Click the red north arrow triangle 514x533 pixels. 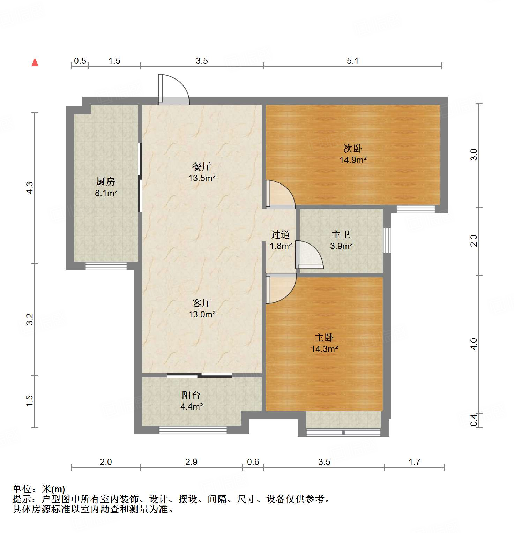pyautogui.click(x=35, y=62)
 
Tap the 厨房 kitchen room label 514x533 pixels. pyautogui.click(x=106, y=182)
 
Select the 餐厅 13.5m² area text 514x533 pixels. pyautogui.click(x=202, y=178)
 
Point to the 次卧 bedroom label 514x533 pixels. pyautogui.click(x=353, y=149)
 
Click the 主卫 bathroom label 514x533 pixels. pyautogui.click(x=341, y=235)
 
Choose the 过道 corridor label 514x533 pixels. pyautogui.click(x=281, y=235)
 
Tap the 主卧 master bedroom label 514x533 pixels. pyautogui.click(x=324, y=338)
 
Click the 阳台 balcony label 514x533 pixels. pyautogui.click(x=191, y=395)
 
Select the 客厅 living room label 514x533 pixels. pyautogui.click(x=202, y=303)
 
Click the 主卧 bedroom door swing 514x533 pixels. pyautogui.click(x=281, y=288)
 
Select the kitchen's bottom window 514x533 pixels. pyautogui.click(x=106, y=266)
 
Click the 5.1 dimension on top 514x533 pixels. pyautogui.click(x=352, y=61)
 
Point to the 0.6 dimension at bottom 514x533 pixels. pyautogui.click(x=253, y=462)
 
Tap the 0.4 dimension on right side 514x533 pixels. pyautogui.click(x=474, y=420)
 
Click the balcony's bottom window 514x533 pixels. pyautogui.click(x=193, y=430)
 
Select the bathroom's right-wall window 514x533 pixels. pyautogui.click(x=387, y=240)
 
